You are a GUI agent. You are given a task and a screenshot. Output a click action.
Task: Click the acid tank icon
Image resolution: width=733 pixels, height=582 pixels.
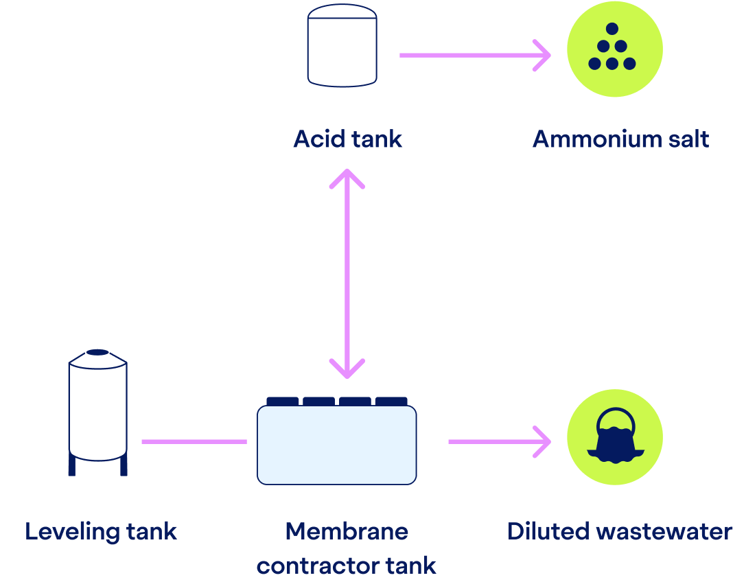342,46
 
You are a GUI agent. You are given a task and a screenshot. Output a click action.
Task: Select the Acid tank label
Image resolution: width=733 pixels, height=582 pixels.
347,139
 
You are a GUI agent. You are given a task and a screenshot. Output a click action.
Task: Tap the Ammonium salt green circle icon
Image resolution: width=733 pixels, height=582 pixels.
614,49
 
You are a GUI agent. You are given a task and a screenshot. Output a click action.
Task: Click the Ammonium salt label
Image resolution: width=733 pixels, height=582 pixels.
620,139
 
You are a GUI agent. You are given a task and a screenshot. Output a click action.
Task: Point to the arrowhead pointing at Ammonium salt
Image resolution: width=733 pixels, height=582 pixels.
544,55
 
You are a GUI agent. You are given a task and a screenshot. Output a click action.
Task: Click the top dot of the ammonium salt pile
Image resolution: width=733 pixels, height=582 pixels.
612,29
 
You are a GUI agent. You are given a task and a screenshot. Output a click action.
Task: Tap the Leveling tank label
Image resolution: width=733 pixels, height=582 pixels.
101,531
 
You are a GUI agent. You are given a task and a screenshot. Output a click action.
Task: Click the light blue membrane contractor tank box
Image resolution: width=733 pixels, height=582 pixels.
336,445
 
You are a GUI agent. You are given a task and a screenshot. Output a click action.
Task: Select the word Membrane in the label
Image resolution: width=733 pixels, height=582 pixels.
347,531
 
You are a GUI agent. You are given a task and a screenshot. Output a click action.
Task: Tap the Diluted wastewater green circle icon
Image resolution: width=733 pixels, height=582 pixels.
614,437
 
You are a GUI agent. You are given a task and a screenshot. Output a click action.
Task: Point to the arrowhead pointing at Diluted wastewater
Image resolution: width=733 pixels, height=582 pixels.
544,441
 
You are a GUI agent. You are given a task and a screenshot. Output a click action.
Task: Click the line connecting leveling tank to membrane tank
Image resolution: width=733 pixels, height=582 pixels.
194,441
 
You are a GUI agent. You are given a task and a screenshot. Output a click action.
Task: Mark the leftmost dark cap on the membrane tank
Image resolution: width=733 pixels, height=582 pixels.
283,401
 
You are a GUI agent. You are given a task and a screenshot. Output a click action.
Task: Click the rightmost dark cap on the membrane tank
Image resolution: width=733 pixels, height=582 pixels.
391,401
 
